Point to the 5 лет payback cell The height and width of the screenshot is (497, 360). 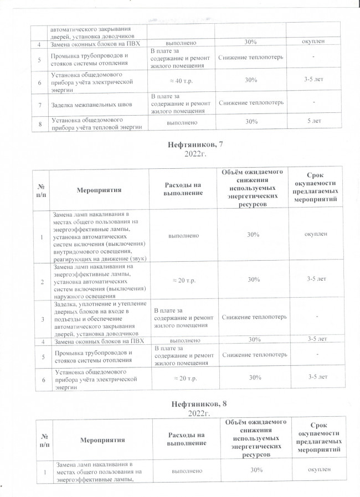pos(315,121)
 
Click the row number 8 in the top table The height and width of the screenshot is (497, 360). pos(40,123)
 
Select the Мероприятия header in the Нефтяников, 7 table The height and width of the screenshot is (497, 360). pos(100,189)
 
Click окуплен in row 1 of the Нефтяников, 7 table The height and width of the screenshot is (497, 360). pos(315,235)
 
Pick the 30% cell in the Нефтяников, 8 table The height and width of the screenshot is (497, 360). pos(253,470)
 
